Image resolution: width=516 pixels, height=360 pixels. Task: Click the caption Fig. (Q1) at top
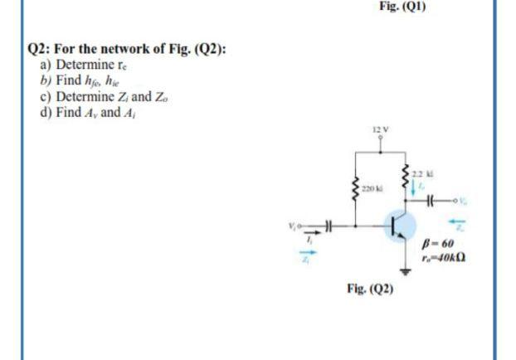pyautogui.click(x=402, y=4)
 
